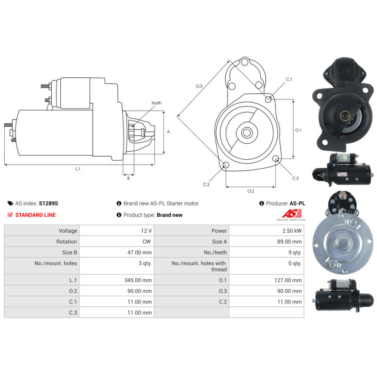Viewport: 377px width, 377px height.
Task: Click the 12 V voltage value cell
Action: [x=146, y=231]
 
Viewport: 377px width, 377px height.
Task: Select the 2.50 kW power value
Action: [x=292, y=231]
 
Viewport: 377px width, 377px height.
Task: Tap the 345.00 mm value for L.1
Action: [x=138, y=280]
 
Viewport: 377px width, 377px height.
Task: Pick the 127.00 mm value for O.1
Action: [x=288, y=280]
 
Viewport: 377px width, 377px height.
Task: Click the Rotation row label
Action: [x=66, y=242]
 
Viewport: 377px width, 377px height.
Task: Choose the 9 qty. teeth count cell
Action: [x=295, y=253]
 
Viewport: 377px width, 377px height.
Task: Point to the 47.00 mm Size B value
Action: [x=139, y=253]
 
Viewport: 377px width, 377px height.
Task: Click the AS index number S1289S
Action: [x=49, y=204]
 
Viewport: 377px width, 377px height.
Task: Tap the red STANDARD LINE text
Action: [x=35, y=215]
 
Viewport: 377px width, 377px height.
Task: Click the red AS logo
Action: [x=292, y=213]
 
